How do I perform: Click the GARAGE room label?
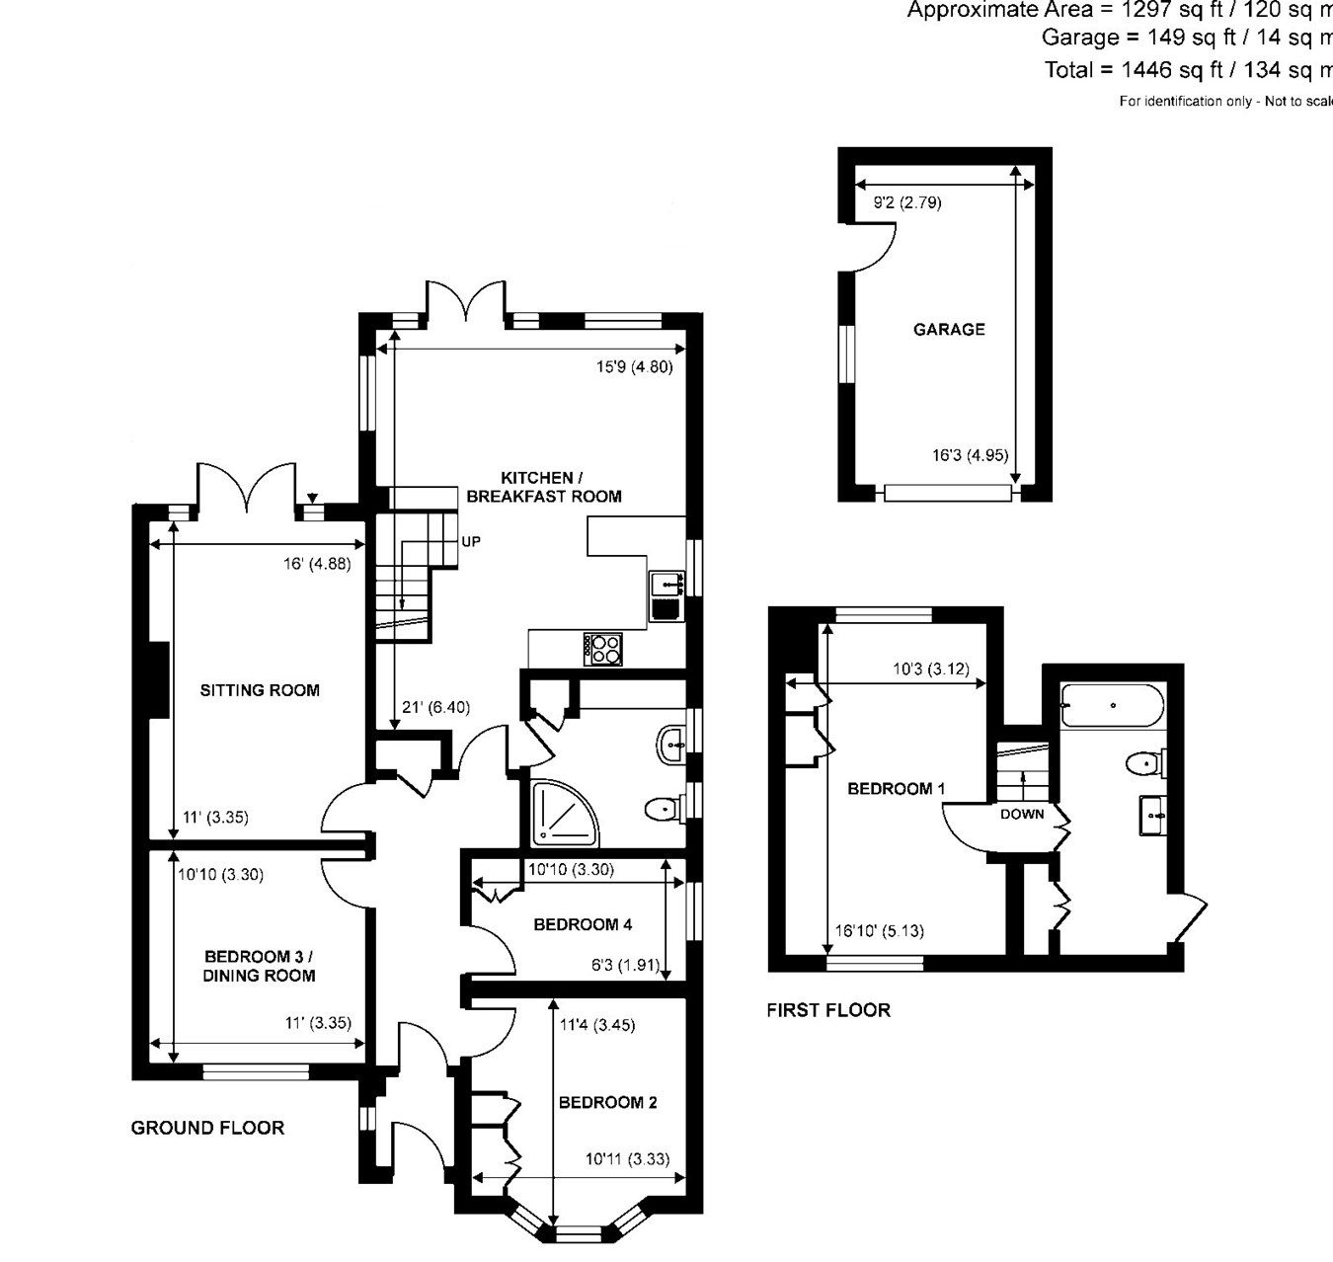tap(949, 330)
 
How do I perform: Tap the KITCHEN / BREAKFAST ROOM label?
tap(544, 487)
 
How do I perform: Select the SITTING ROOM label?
tap(260, 690)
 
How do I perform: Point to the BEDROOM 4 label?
tap(583, 924)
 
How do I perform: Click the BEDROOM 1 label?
tap(897, 788)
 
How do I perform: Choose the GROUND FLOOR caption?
tap(207, 1128)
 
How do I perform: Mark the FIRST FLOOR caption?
tap(828, 1009)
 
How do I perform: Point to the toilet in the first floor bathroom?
tap(1144, 763)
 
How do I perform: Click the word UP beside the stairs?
tap(471, 542)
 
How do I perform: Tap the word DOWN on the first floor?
tap(1022, 815)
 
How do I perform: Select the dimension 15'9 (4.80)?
tap(634, 366)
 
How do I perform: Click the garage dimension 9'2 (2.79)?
tap(907, 203)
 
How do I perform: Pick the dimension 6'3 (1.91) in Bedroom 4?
tap(624, 965)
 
